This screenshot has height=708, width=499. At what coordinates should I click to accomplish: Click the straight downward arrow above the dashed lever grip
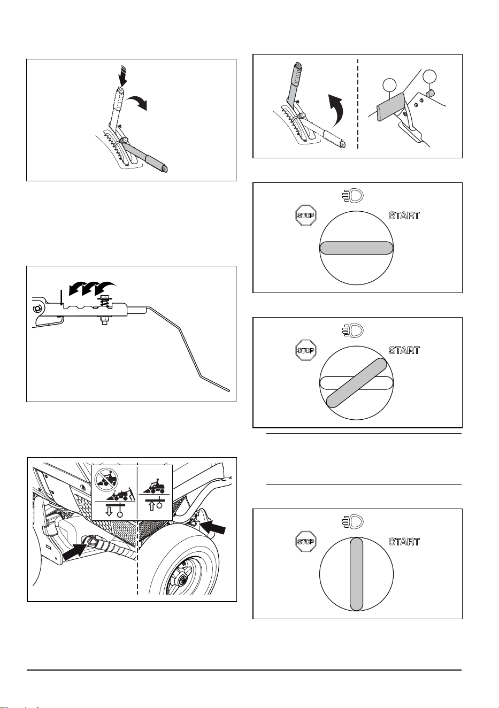pos(122,76)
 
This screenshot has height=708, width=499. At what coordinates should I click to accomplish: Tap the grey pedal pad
pos(390,106)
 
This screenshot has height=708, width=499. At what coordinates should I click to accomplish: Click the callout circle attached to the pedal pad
pos(389,84)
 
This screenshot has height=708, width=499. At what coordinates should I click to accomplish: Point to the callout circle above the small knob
pos(429,76)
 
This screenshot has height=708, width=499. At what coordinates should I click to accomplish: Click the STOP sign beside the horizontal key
pos(306,216)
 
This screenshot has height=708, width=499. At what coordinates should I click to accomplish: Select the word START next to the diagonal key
pos(404,350)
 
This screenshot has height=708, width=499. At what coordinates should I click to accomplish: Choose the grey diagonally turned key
pos(356,383)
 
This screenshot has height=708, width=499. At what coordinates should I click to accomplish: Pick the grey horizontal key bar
pos(356,248)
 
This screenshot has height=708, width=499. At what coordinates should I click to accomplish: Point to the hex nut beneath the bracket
pos(105,321)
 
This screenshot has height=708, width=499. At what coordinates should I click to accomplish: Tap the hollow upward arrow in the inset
pos(152,506)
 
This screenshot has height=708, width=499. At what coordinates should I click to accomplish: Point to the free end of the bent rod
pos(228,391)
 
